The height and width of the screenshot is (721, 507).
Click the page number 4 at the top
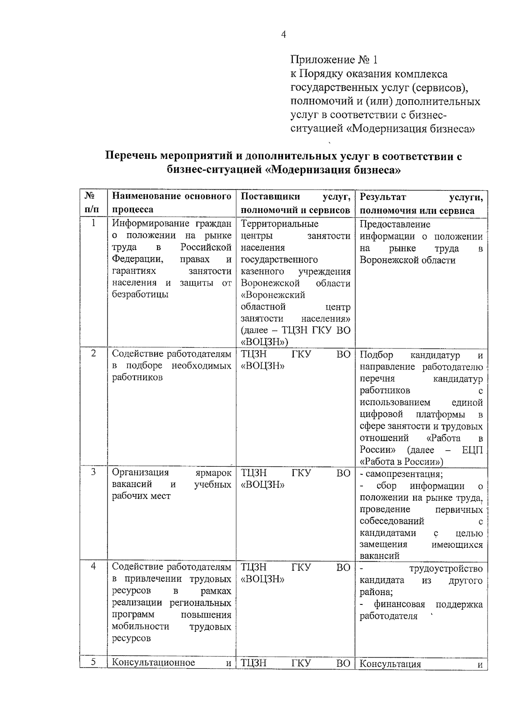pyautogui.click(x=283, y=35)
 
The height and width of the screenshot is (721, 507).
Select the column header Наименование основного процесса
pyautogui.click(x=171, y=203)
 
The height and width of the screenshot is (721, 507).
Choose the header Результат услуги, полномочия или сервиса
pyautogui.click(x=421, y=203)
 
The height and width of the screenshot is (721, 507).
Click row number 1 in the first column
pyautogui.click(x=93, y=223)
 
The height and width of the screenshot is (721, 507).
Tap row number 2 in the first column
pyautogui.click(x=93, y=353)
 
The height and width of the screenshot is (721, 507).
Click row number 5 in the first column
pyautogui.click(x=93, y=662)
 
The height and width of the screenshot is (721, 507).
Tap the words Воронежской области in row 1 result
pyautogui.click(x=407, y=260)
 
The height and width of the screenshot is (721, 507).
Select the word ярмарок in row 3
pyautogui.click(x=214, y=473)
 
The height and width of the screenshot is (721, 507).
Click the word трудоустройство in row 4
pyautogui.click(x=446, y=569)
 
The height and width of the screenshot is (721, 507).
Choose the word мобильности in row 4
pyautogui.click(x=141, y=626)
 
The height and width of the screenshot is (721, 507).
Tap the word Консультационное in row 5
pyautogui.click(x=153, y=663)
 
